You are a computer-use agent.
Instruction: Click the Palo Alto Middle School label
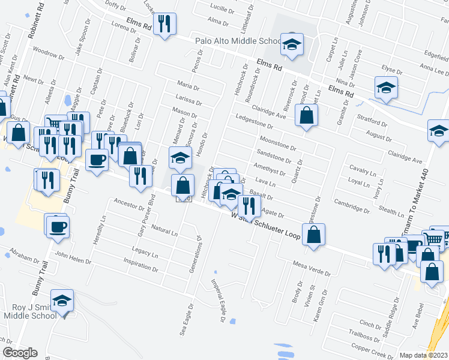coord(238,42)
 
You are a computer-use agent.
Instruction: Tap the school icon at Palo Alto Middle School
coord(292,44)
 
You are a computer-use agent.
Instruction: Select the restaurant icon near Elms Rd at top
coord(163,24)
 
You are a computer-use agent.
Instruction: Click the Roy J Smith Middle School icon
coord(62,301)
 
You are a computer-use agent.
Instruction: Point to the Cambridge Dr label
coord(352,206)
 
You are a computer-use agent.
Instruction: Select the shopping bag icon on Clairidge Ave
coord(306,116)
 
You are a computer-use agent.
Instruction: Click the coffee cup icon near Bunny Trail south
coord(58,226)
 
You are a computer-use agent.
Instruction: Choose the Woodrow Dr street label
coord(48,53)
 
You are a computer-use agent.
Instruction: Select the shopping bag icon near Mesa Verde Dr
coord(313,235)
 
